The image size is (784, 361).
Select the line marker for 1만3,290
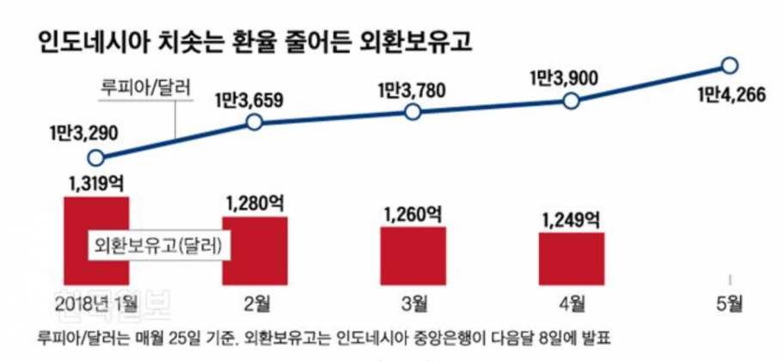point(97,158)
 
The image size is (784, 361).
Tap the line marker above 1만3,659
point(254,123)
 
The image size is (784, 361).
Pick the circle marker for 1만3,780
point(412,113)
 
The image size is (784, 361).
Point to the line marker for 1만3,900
point(570,101)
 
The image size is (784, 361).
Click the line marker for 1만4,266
point(729,65)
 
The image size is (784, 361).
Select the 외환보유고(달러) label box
point(158,244)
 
